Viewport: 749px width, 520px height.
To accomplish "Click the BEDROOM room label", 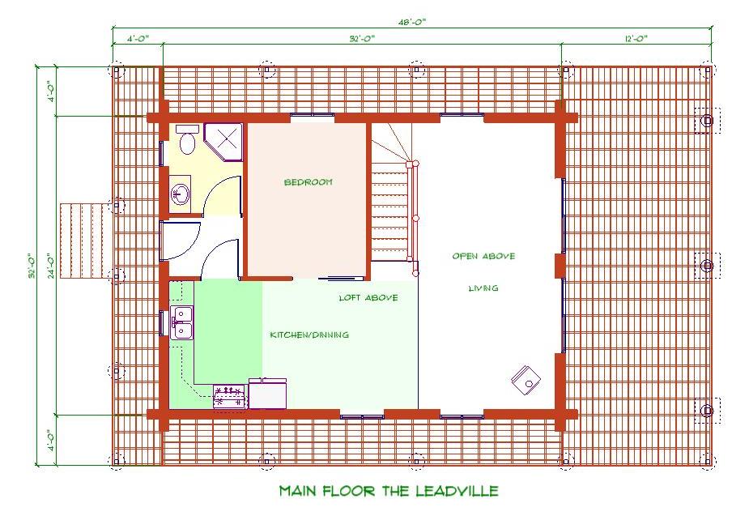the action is (x=309, y=182).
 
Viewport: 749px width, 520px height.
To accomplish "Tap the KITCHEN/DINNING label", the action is (x=309, y=335).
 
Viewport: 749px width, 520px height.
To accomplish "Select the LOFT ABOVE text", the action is (x=368, y=298).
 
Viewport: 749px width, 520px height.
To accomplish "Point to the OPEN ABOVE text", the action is (x=483, y=256).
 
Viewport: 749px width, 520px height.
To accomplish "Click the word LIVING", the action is (x=483, y=288).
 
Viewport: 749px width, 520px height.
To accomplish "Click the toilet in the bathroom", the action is (x=187, y=139).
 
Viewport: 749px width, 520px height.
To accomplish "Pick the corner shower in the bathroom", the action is (x=223, y=143).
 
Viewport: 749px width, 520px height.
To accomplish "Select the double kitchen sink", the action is (x=182, y=322).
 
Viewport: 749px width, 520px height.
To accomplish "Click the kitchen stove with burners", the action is (x=230, y=397).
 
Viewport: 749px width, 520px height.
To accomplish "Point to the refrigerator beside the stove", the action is (x=267, y=394).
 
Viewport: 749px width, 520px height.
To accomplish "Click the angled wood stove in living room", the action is (x=526, y=380).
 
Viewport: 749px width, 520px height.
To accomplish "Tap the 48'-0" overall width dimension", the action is (x=412, y=22).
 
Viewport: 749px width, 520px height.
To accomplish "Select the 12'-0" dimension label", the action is (x=636, y=39).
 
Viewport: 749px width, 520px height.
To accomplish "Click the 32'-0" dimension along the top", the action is (x=362, y=39).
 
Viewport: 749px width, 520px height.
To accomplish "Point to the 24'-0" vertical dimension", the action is (x=51, y=265).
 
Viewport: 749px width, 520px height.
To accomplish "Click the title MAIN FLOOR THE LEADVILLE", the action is (x=389, y=491).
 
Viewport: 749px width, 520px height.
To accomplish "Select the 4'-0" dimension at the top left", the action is (x=138, y=39).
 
